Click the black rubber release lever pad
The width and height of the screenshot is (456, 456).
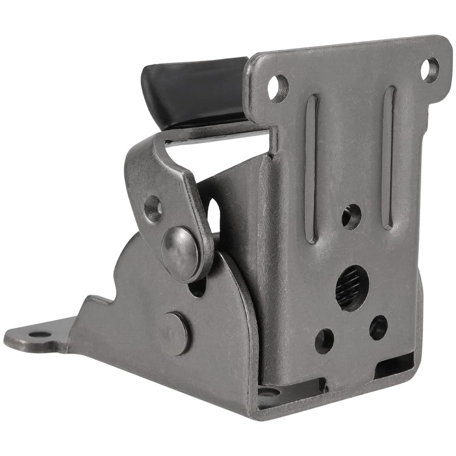pyautogui.click(x=194, y=91)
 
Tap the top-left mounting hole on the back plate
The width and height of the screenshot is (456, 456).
pyautogui.click(x=278, y=88)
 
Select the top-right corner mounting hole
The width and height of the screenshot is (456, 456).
pyautogui.click(x=430, y=70)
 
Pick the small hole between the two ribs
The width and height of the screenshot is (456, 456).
pyautogui.click(x=351, y=217)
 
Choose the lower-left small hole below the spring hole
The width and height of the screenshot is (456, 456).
pyautogui.click(x=324, y=340)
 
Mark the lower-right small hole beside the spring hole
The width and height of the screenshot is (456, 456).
pyautogui.click(x=378, y=328)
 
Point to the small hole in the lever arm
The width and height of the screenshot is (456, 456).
pyautogui.click(x=153, y=209)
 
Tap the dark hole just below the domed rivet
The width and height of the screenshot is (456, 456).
pyautogui.click(x=197, y=287)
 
